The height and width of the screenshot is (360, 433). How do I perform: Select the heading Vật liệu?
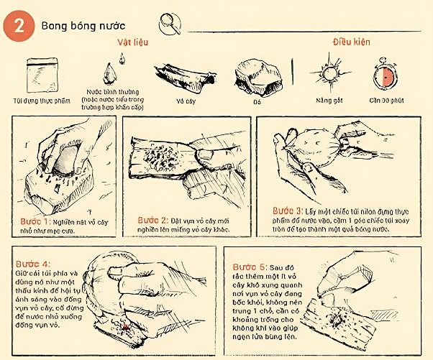coord(133,42)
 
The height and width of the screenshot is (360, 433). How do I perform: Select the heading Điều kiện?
coord(350,42)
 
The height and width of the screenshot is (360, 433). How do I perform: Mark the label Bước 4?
coord(30,263)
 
